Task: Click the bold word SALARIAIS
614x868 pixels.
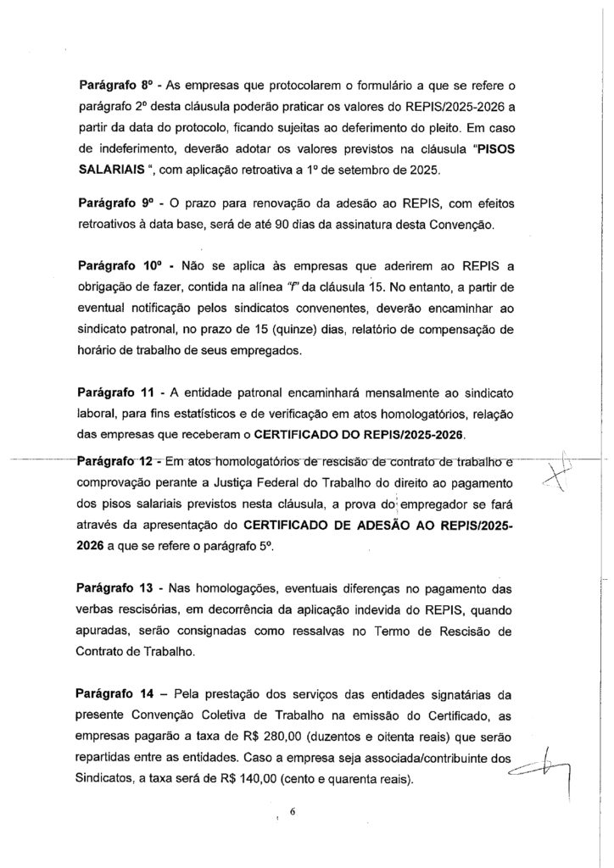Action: click(x=110, y=171)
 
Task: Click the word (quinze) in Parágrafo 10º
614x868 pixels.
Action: click(x=319, y=330)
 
